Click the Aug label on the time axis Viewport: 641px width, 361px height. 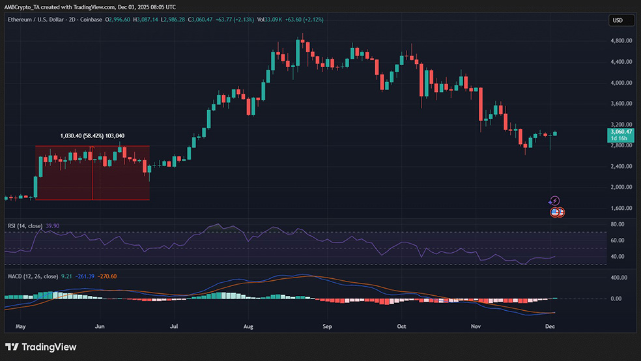pyautogui.click(x=248, y=325)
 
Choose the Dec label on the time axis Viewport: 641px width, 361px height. pyautogui.click(x=550, y=325)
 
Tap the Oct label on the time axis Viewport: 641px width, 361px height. pyautogui.click(x=402, y=325)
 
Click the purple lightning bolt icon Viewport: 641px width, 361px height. pyautogui.click(x=554, y=201)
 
